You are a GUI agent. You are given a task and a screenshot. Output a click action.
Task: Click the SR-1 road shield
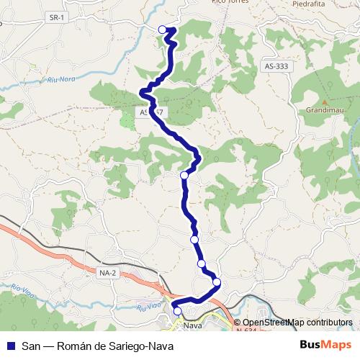click(x=55, y=17)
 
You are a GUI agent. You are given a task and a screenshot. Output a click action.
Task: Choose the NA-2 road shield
click(x=107, y=273)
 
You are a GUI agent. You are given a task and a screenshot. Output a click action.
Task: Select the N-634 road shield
click(x=246, y=330)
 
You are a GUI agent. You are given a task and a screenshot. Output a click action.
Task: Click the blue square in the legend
click(x=11, y=346)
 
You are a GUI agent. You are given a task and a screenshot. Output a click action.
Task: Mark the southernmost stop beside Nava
click(x=178, y=312)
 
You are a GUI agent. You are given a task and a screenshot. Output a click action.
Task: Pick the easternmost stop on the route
click(x=217, y=282)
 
